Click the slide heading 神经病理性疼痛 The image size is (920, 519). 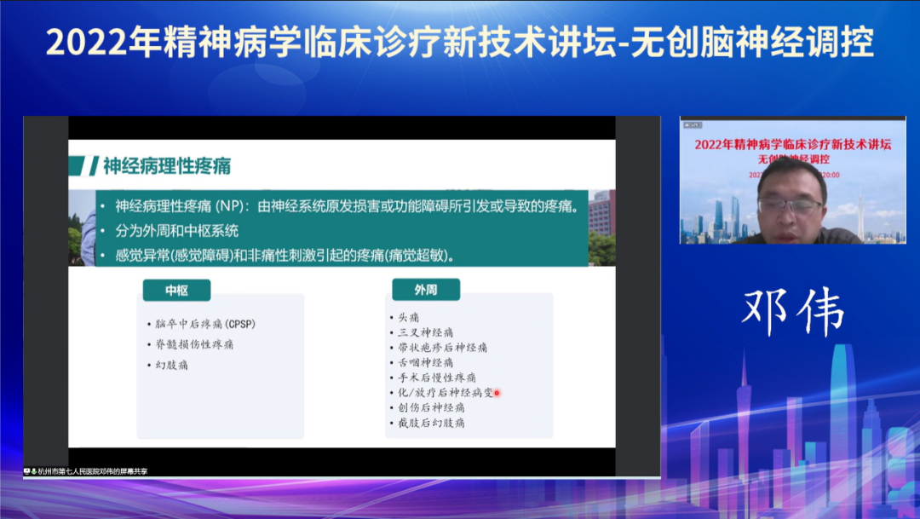pyautogui.click(x=166, y=165)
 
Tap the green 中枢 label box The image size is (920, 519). pyautogui.click(x=176, y=291)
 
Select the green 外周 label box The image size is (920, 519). pyautogui.click(x=425, y=291)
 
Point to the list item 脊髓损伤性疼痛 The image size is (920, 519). pyautogui.click(x=194, y=344)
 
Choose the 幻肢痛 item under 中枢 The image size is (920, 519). pyautogui.click(x=172, y=365)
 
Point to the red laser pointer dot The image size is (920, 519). pyautogui.click(x=497, y=393)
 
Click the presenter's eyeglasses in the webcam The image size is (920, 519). pyautogui.click(x=790, y=205)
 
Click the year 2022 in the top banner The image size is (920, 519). pyautogui.click(x=82, y=42)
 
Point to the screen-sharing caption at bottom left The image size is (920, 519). pyautogui.click(x=85, y=471)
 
